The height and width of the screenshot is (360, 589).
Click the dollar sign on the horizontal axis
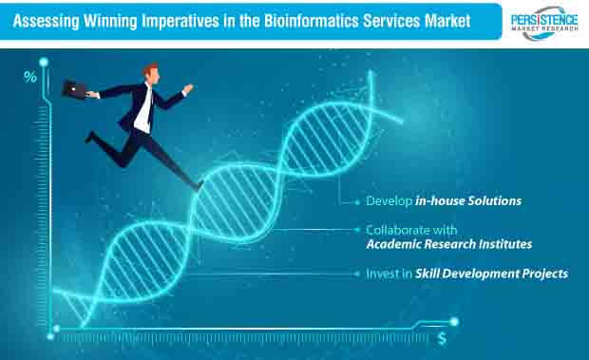pos(443,337)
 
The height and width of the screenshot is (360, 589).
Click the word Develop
pos(387,202)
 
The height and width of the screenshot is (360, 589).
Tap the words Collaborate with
pos(411,230)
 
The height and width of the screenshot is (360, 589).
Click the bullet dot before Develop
pos(357,202)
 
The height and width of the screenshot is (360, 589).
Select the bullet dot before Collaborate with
pos(357,230)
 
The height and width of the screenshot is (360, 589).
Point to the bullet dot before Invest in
pos(357,274)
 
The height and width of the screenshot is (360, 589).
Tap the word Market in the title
pos(445,21)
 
